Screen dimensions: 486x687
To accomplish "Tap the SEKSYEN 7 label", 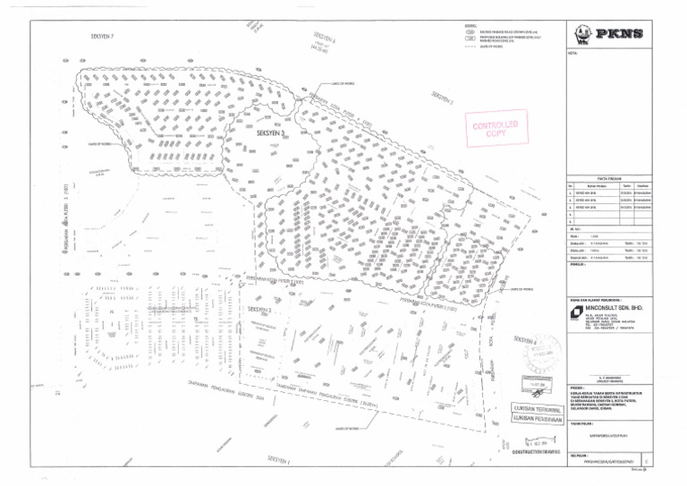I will tap(103, 36).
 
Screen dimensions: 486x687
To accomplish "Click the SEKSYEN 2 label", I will tap(259, 311).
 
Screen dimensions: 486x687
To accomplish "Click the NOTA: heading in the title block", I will tap(572, 54).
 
